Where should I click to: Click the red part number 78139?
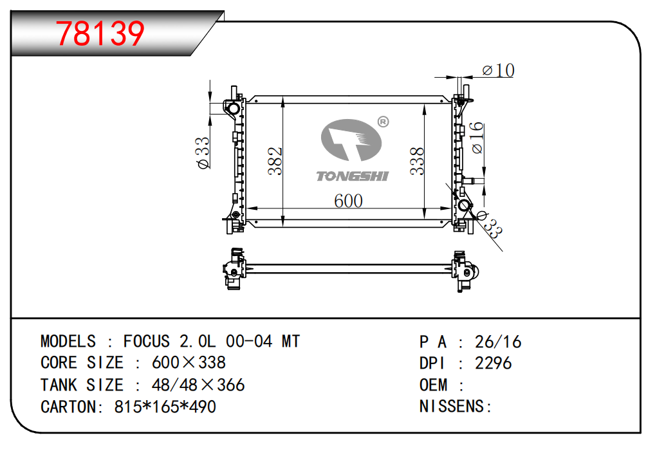(100, 34)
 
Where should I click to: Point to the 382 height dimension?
(275, 161)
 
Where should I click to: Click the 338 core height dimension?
(417, 161)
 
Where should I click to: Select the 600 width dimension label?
(348, 201)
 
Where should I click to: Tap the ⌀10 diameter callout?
(498, 70)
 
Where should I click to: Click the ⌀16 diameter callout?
(477, 138)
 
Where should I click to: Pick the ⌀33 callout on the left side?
(203, 153)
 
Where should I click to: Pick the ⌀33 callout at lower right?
(490, 225)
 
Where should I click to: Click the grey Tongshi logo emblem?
(351, 140)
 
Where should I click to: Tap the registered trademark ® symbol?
(383, 122)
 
